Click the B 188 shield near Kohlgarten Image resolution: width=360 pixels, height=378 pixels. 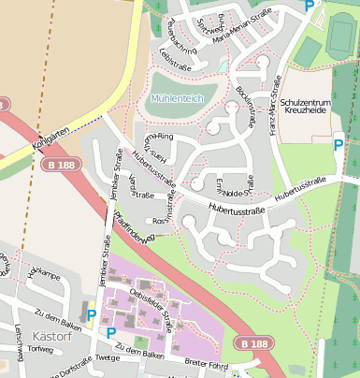pyautogui.click(x=59, y=165)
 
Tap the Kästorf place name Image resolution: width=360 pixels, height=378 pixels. pyautogui.click(x=47, y=334)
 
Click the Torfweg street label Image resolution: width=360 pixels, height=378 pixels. pyautogui.click(x=41, y=349)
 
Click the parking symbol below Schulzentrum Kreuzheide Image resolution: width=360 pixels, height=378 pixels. pyautogui.click(x=338, y=144)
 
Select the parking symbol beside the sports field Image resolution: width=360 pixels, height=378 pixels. pyautogui.click(x=310, y=6)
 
